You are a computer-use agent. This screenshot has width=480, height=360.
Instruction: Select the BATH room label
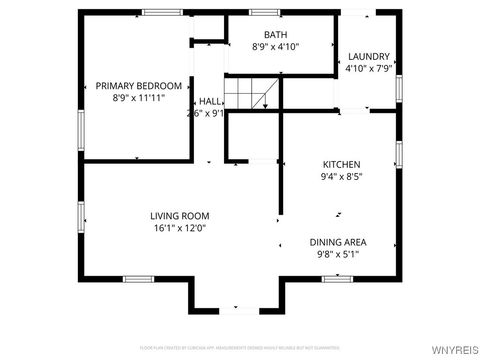click(276, 34)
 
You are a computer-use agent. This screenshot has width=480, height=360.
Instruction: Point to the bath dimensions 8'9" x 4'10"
click(276, 46)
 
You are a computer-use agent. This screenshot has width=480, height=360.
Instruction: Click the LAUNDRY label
click(368, 57)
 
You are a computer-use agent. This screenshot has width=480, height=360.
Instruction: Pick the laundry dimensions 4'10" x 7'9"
click(368, 69)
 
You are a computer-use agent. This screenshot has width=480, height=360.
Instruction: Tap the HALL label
click(210, 101)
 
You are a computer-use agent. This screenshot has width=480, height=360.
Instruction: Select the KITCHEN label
click(341, 164)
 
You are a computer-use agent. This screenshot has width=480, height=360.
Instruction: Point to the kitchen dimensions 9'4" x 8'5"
click(341, 177)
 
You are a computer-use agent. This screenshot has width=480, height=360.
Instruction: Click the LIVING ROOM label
click(180, 215)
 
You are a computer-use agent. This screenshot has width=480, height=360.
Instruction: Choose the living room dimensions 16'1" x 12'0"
click(180, 228)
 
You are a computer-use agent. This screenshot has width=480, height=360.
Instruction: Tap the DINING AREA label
click(337, 242)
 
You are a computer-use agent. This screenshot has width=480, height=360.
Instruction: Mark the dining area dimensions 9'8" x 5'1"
click(337, 255)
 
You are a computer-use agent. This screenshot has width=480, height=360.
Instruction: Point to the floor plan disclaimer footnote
click(240, 346)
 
